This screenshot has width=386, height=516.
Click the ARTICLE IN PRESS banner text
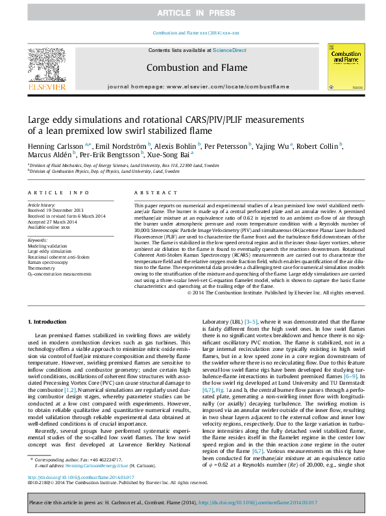(193, 13)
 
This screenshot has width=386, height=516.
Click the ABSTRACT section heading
(153, 193)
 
